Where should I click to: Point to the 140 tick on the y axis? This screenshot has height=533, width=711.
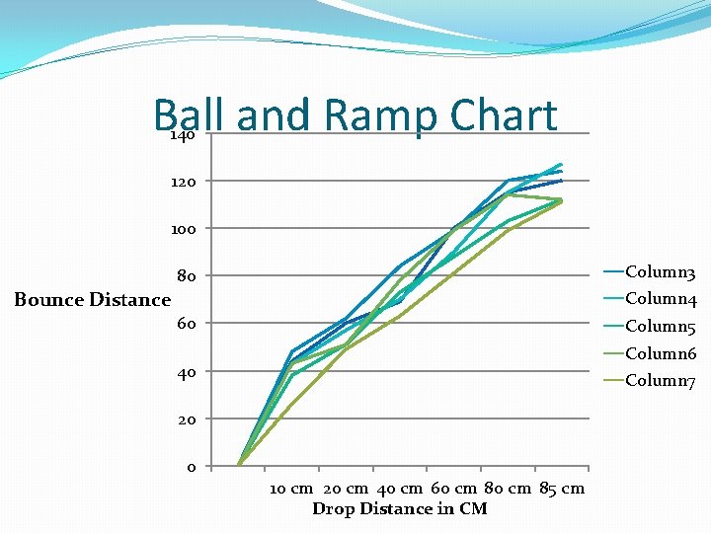point(182,134)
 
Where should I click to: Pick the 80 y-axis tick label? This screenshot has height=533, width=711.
point(186,276)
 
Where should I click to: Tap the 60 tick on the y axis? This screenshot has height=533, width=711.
point(186,324)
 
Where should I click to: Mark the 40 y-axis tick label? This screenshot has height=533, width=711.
point(186,372)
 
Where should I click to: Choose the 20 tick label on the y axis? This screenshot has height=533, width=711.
point(186,419)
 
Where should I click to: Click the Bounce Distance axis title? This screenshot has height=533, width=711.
point(92,300)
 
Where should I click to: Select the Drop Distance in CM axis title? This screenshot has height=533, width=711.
point(399,509)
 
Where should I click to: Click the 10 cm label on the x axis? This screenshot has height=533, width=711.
point(291,489)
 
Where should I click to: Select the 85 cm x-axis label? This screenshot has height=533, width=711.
point(562,489)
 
